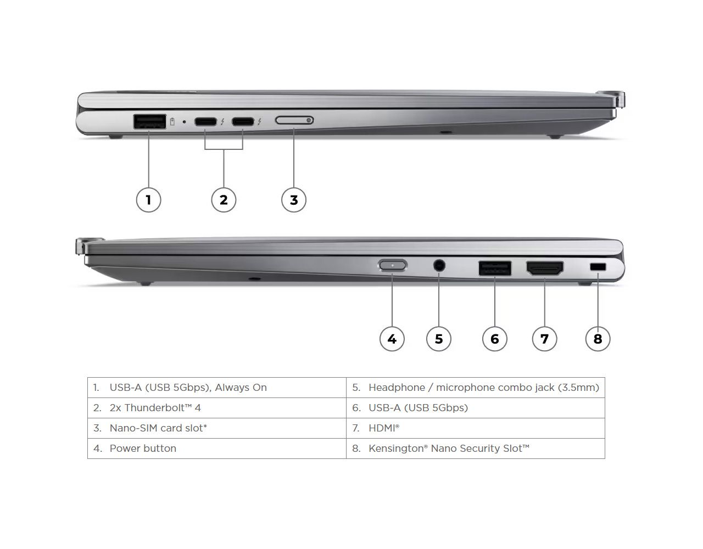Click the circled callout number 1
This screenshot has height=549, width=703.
click(148, 199)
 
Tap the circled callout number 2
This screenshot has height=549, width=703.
click(224, 199)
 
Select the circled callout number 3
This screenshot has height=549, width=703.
click(294, 200)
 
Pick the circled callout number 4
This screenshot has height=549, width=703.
click(392, 339)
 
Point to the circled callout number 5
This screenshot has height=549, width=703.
click(439, 339)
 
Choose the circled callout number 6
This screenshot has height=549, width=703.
click(495, 339)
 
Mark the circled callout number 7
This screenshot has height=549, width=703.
click(545, 339)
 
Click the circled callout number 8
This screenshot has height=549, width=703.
click(598, 339)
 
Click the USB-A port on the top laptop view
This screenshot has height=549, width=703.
click(149, 121)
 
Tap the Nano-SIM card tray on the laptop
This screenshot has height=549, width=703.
click(294, 120)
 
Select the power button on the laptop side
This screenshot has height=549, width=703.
click(393, 266)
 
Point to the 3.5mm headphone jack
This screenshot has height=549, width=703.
click(439, 266)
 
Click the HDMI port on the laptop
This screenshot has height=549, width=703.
click(545, 268)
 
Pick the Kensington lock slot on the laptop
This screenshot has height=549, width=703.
click(598, 267)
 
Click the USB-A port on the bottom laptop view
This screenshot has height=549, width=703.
click(495, 268)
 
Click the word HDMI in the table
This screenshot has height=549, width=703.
click(382, 428)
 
